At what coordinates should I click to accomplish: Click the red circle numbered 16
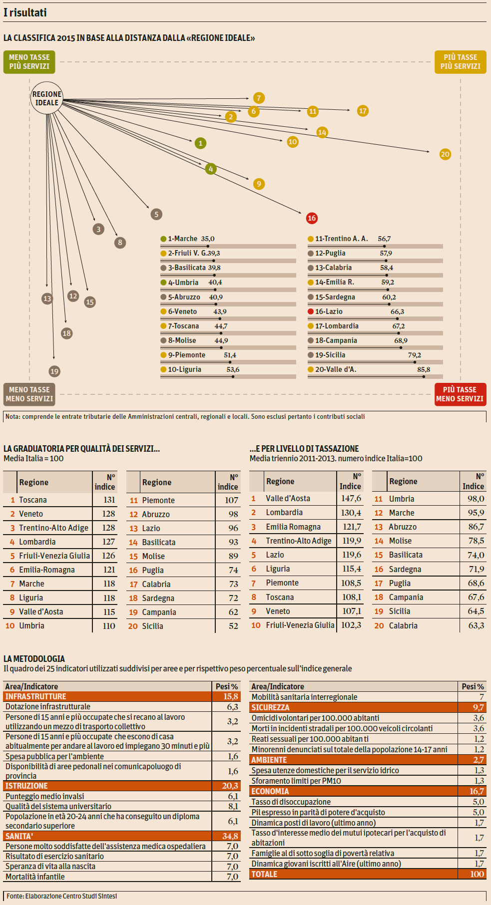312,218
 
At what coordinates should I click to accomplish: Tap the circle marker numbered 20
445,154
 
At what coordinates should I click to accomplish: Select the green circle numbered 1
200,143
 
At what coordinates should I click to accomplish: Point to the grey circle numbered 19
54,371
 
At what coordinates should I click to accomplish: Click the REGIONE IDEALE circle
47,98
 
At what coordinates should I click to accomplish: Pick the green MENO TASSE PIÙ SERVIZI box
29,62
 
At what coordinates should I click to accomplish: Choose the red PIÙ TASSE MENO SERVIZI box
460,394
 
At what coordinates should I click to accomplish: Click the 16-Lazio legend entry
329,311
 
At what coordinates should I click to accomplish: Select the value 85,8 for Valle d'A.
424,370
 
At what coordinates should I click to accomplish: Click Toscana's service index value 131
109,500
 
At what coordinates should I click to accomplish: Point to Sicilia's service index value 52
233,626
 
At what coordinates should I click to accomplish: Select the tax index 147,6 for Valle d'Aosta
351,498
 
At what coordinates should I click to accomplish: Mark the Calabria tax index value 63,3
476,625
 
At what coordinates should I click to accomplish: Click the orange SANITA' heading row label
19,836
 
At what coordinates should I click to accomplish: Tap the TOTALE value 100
477,874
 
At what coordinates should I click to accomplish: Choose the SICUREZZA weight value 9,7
478,707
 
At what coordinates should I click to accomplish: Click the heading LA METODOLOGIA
34,659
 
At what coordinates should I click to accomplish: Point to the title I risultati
25,12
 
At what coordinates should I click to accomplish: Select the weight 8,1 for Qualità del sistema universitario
233,806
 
